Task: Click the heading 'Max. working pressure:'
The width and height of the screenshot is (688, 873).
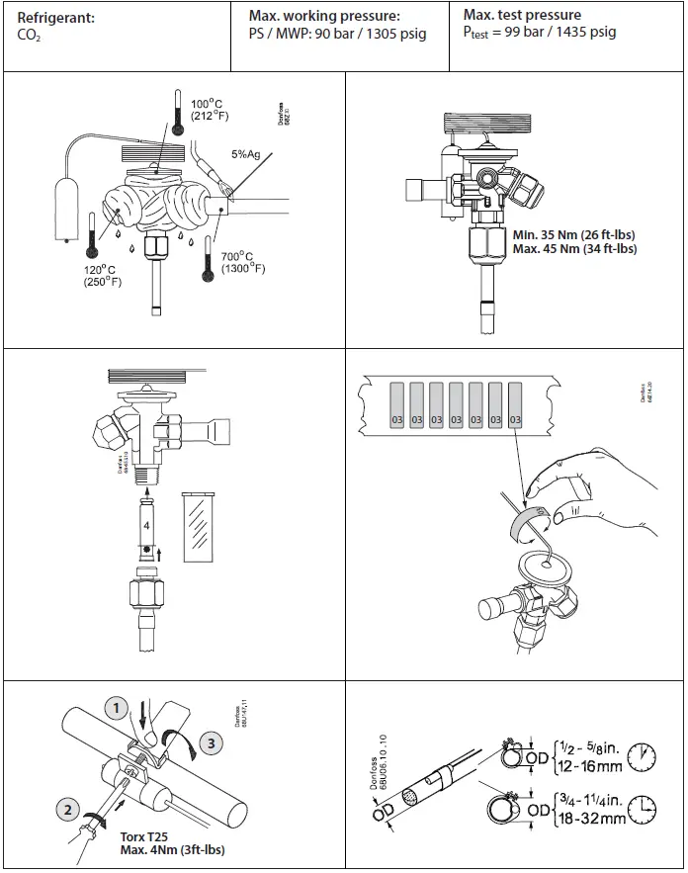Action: click(324, 17)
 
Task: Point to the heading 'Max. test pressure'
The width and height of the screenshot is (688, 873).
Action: click(522, 15)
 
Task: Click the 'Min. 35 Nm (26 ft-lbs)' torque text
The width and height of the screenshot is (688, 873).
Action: click(574, 235)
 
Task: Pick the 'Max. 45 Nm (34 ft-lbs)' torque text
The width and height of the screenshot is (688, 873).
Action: click(575, 249)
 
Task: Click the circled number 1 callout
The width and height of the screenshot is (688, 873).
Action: click(117, 708)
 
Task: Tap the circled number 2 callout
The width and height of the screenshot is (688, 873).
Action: click(67, 810)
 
